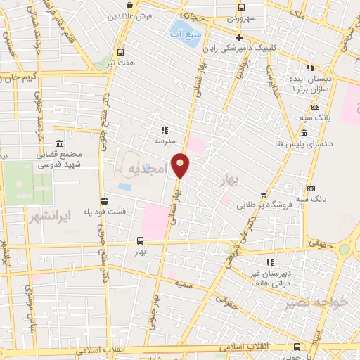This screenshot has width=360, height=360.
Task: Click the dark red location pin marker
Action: pyautogui.click(x=181, y=165)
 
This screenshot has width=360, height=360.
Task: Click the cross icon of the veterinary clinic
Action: pyautogui.click(x=240, y=37)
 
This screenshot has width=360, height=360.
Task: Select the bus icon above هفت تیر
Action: pyautogui.click(x=120, y=52)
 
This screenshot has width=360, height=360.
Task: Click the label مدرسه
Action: pyautogui.click(x=165, y=141)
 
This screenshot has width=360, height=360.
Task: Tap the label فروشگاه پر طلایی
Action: pyautogui.click(x=264, y=205)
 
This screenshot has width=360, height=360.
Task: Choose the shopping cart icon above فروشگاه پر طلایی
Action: pyautogui.click(x=264, y=194)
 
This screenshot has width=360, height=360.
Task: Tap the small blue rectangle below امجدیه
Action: pyautogui.click(x=125, y=187)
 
